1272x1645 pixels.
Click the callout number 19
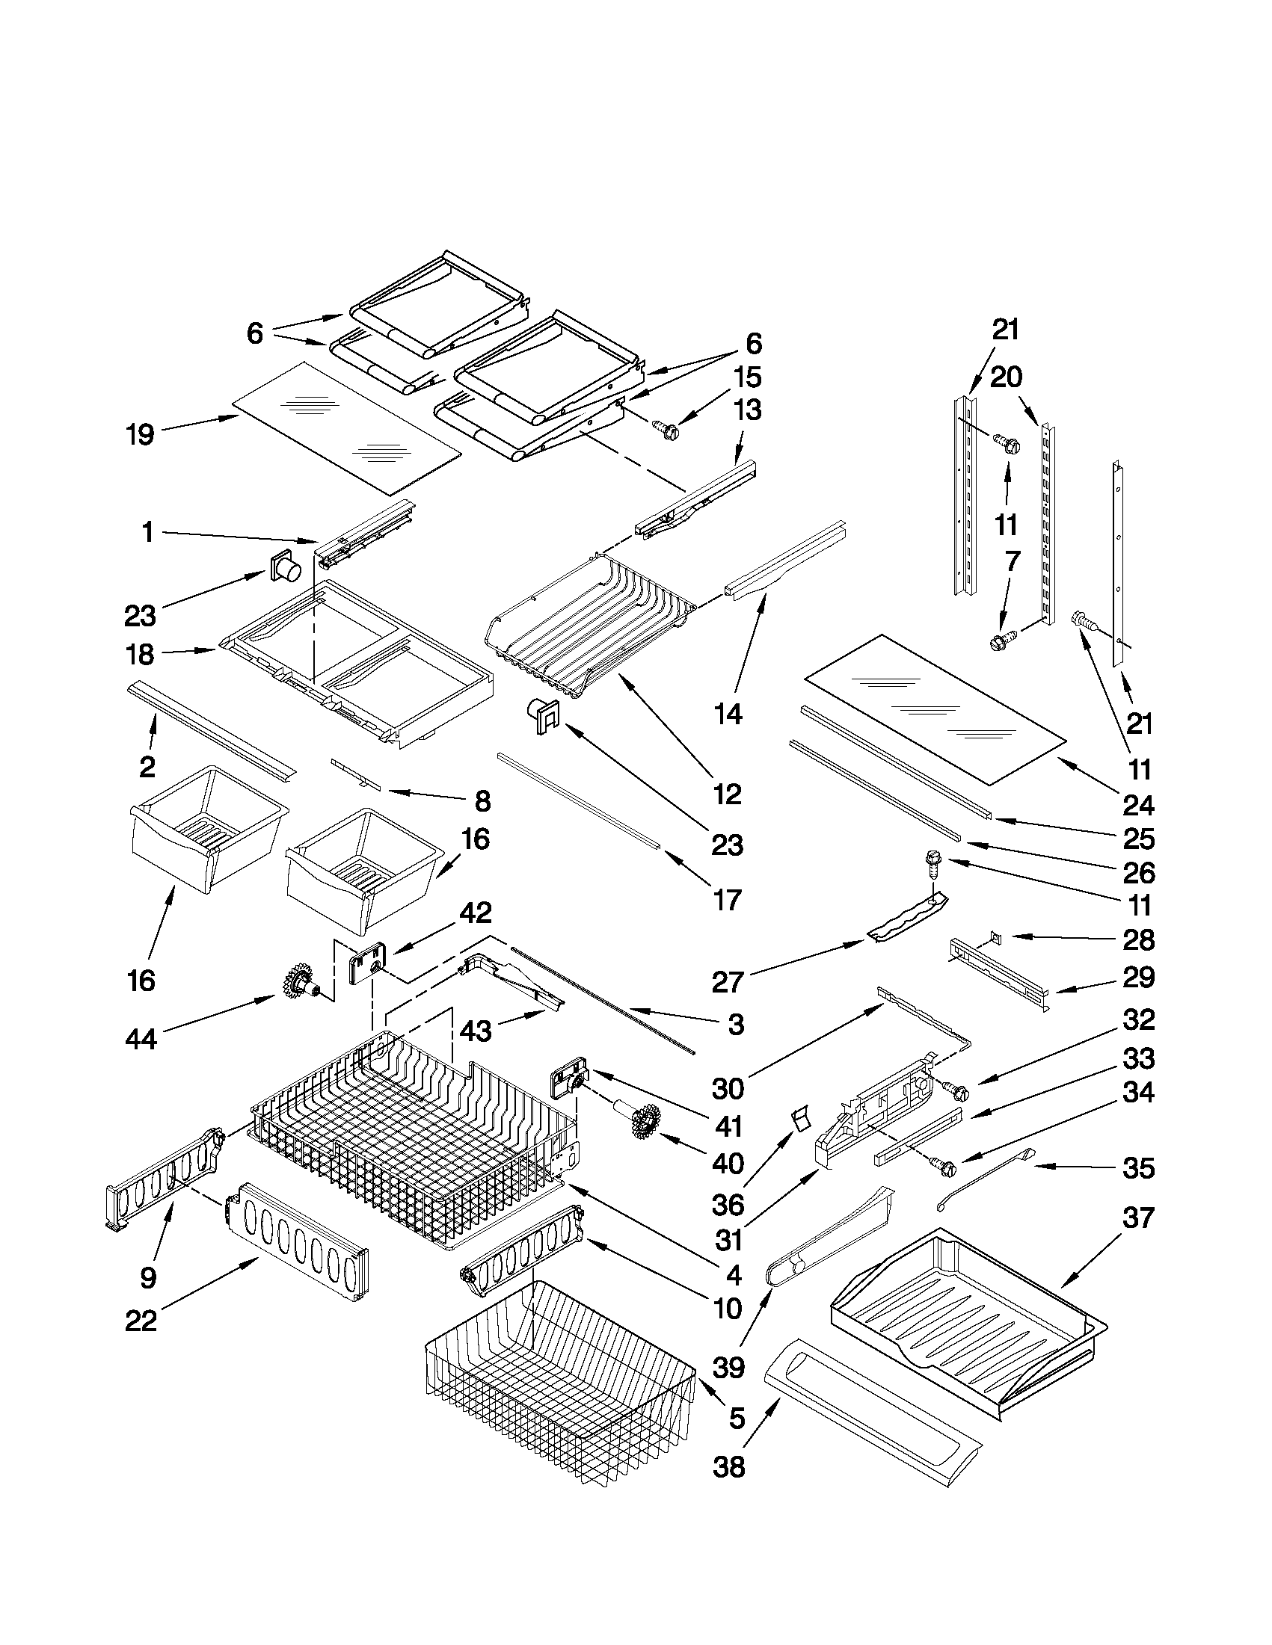coord(141,434)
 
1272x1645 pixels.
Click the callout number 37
coord(1138,1217)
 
